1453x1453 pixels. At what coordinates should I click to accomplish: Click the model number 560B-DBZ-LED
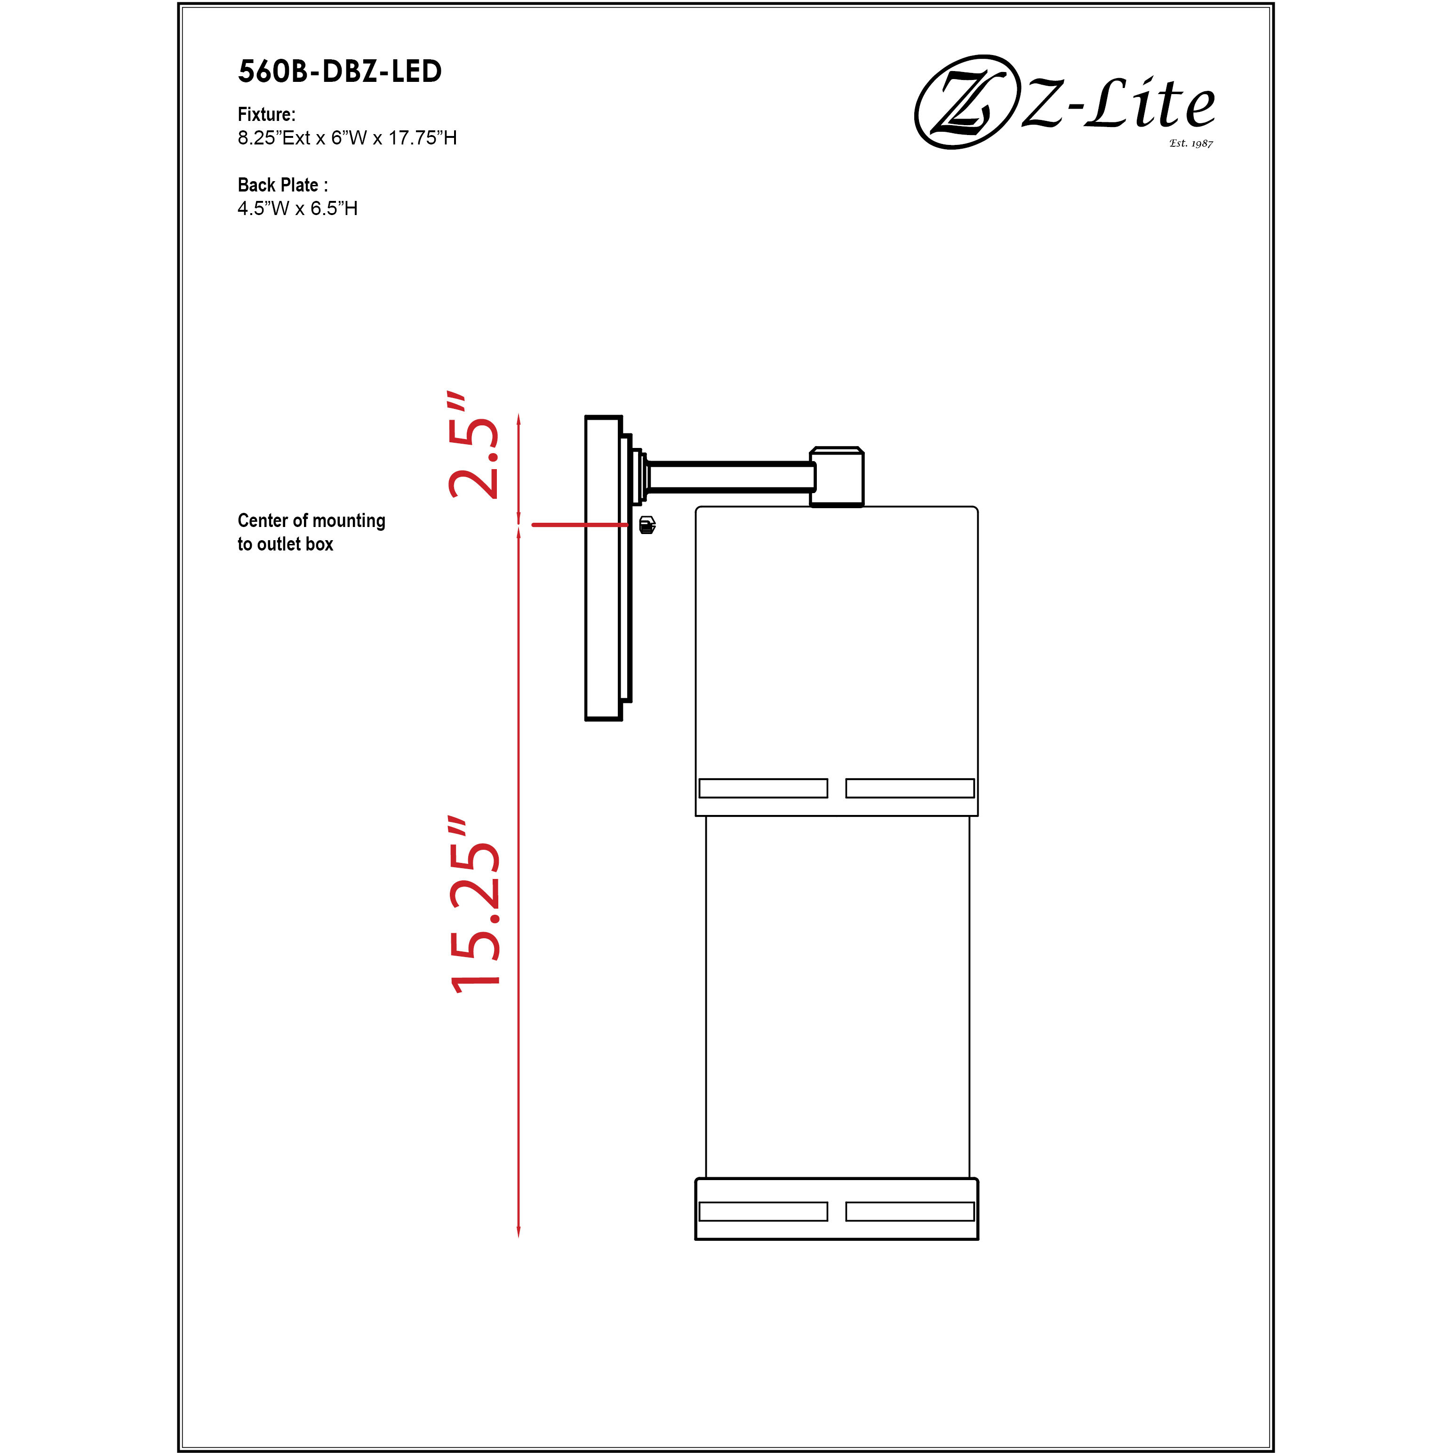pyautogui.click(x=339, y=72)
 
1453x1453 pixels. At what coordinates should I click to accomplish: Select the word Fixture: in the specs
pyautogui.click(x=266, y=114)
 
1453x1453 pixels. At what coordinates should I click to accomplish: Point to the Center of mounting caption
pyautogui.click(x=311, y=520)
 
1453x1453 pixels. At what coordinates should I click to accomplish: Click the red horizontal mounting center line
pyautogui.click(x=579, y=525)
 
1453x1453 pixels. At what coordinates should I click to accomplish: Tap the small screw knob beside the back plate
pyautogui.click(x=647, y=525)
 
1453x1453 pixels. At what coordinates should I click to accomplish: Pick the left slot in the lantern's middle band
pyautogui.click(x=763, y=788)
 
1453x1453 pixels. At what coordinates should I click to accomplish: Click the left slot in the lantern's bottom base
pyautogui.click(x=763, y=1212)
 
